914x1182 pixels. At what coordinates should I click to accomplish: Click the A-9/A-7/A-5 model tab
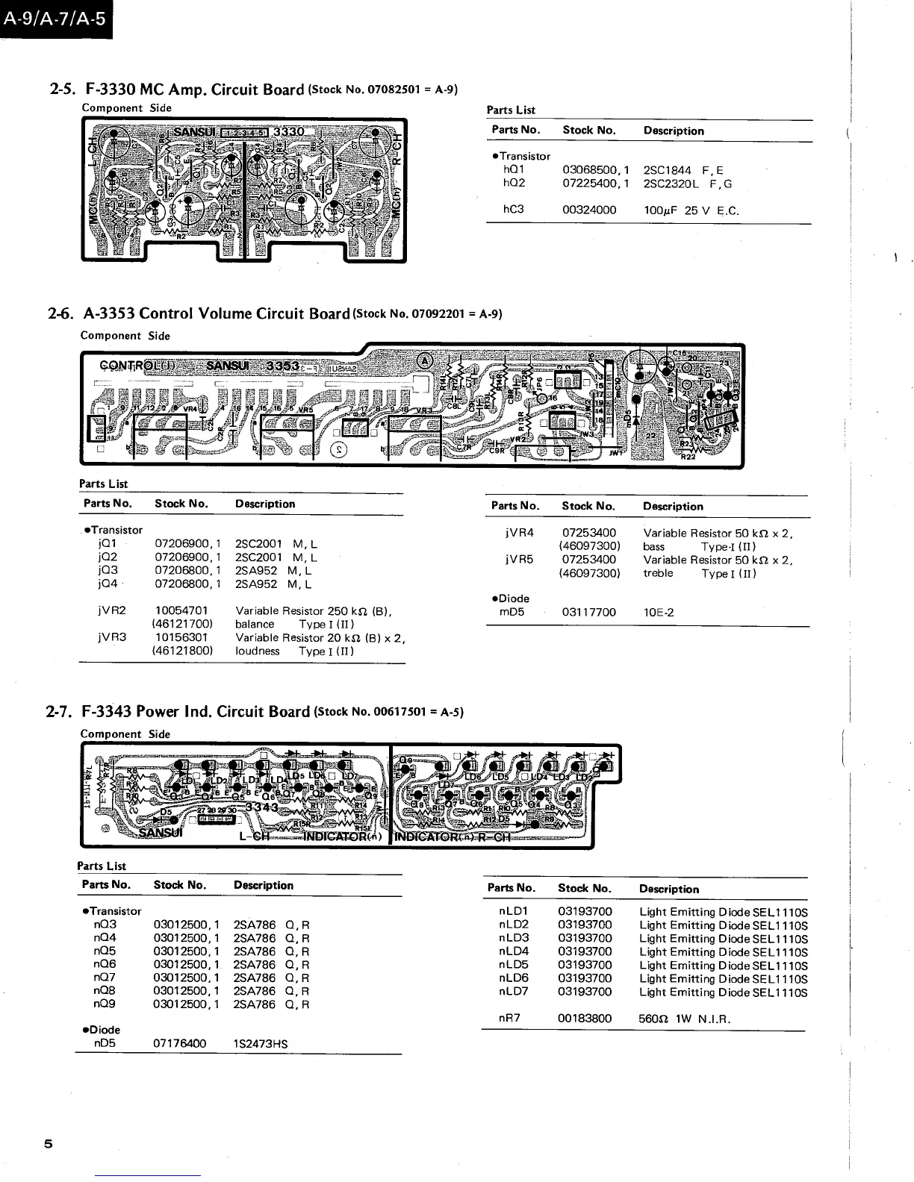tap(54, 19)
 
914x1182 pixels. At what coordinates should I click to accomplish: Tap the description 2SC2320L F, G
tap(687, 184)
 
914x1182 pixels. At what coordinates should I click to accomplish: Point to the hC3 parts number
tap(513, 210)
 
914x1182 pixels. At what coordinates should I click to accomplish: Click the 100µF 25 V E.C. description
tap(691, 210)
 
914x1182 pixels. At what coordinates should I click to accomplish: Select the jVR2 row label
tap(111, 610)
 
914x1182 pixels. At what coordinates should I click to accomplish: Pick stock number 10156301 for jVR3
tap(182, 638)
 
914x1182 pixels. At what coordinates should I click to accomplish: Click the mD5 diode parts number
tap(512, 613)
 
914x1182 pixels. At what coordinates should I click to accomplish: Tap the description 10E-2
tap(658, 613)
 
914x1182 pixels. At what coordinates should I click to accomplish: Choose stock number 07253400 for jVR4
tap(588, 533)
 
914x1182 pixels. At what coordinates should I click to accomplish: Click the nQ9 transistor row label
tap(104, 1004)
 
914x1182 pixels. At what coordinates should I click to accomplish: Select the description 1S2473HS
tap(260, 1044)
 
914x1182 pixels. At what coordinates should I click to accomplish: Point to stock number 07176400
tap(179, 1044)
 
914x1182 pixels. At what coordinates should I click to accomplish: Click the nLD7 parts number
tap(513, 992)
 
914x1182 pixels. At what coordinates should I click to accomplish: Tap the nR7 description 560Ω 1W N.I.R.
tap(684, 1019)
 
